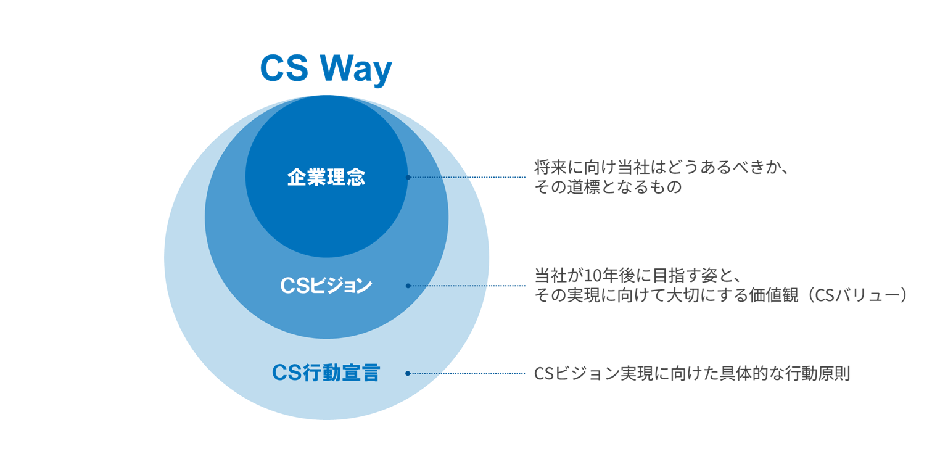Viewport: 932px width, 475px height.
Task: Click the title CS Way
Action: pyautogui.click(x=326, y=68)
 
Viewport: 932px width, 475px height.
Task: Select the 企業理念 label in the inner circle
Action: pyautogui.click(x=326, y=178)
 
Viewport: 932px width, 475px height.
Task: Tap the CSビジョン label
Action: pyautogui.click(x=326, y=286)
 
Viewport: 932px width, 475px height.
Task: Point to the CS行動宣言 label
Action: pyautogui.click(x=326, y=373)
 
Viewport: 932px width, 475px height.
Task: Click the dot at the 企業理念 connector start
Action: pyautogui.click(x=408, y=178)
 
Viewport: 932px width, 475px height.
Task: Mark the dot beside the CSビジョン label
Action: pyautogui.click(x=408, y=286)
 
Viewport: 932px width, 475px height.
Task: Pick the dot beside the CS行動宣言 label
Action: pyautogui.click(x=408, y=373)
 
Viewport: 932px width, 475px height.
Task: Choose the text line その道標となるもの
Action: pyautogui.click(x=608, y=188)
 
